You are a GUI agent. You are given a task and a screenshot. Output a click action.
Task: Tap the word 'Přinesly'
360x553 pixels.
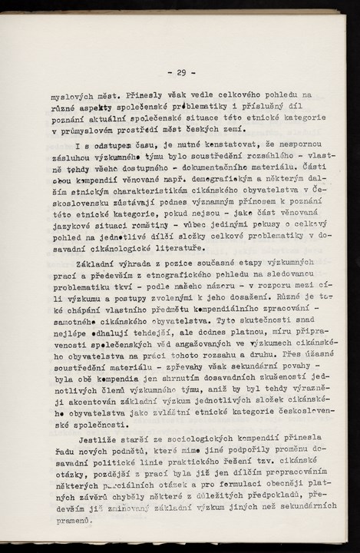139,98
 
